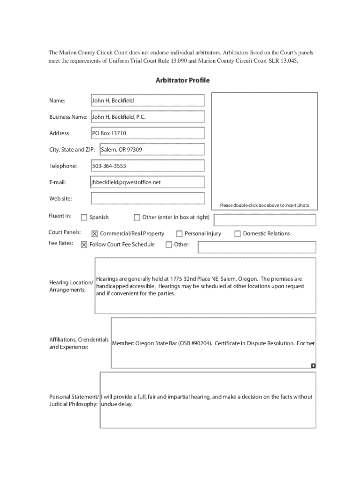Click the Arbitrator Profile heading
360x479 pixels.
pyautogui.click(x=183, y=80)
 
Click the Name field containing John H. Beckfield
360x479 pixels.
pyautogui.click(x=148, y=101)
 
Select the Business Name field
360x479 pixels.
pyautogui.click(x=148, y=117)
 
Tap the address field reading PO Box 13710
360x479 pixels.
pyautogui.click(x=148, y=133)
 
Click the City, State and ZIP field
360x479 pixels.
pyautogui.click(x=152, y=150)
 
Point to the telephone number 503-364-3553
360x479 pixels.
pyautogui.click(x=109, y=166)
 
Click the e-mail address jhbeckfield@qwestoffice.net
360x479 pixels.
pyautogui.click(x=126, y=182)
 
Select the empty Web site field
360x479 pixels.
pyautogui.click(x=148, y=198)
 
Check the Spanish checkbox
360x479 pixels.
pyautogui.click(x=84, y=217)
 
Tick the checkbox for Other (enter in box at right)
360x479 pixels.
pyautogui.click(x=137, y=217)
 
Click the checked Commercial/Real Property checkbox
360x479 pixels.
pyautogui.click(x=94, y=234)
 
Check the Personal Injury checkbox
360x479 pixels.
pyautogui.click(x=179, y=234)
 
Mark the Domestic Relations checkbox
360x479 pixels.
pyautogui.click(x=238, y=234)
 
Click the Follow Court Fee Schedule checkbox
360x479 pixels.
pyautogui.click(x=84, y=245)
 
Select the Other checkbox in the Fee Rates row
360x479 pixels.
pyautogui.click(x=169, y=245)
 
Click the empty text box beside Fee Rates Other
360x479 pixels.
pyautogui.click(x=257, y=247)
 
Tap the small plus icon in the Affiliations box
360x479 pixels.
pyautogui.click(x=313, y=365)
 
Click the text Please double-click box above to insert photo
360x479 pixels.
pyautogui.click(x=264, y=205)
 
